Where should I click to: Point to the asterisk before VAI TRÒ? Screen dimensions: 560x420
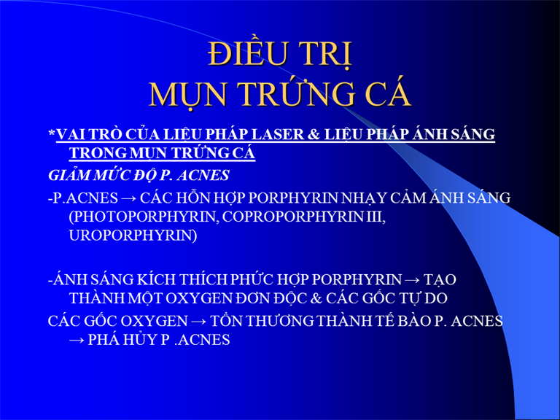(x=52, y=133)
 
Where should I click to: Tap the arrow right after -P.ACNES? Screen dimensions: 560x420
(x=128, y=198)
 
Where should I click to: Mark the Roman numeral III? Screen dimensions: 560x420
(x=375, y=217)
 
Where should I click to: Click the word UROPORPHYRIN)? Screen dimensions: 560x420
(x=133, y=236)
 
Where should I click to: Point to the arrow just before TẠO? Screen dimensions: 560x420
(x=412, y=280)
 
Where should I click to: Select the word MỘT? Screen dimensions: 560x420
(x=145, y=298)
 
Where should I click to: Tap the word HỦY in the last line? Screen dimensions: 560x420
(x=140, y=339)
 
